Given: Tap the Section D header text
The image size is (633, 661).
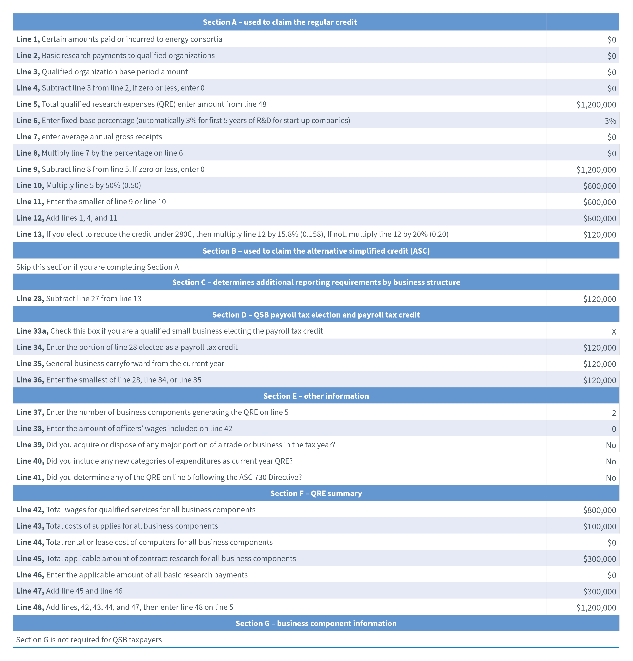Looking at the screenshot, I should (x=316, y=315).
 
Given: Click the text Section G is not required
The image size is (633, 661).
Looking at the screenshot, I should (x=89, y=640).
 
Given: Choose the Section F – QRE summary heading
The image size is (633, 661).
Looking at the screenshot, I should (x=316, y=493).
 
